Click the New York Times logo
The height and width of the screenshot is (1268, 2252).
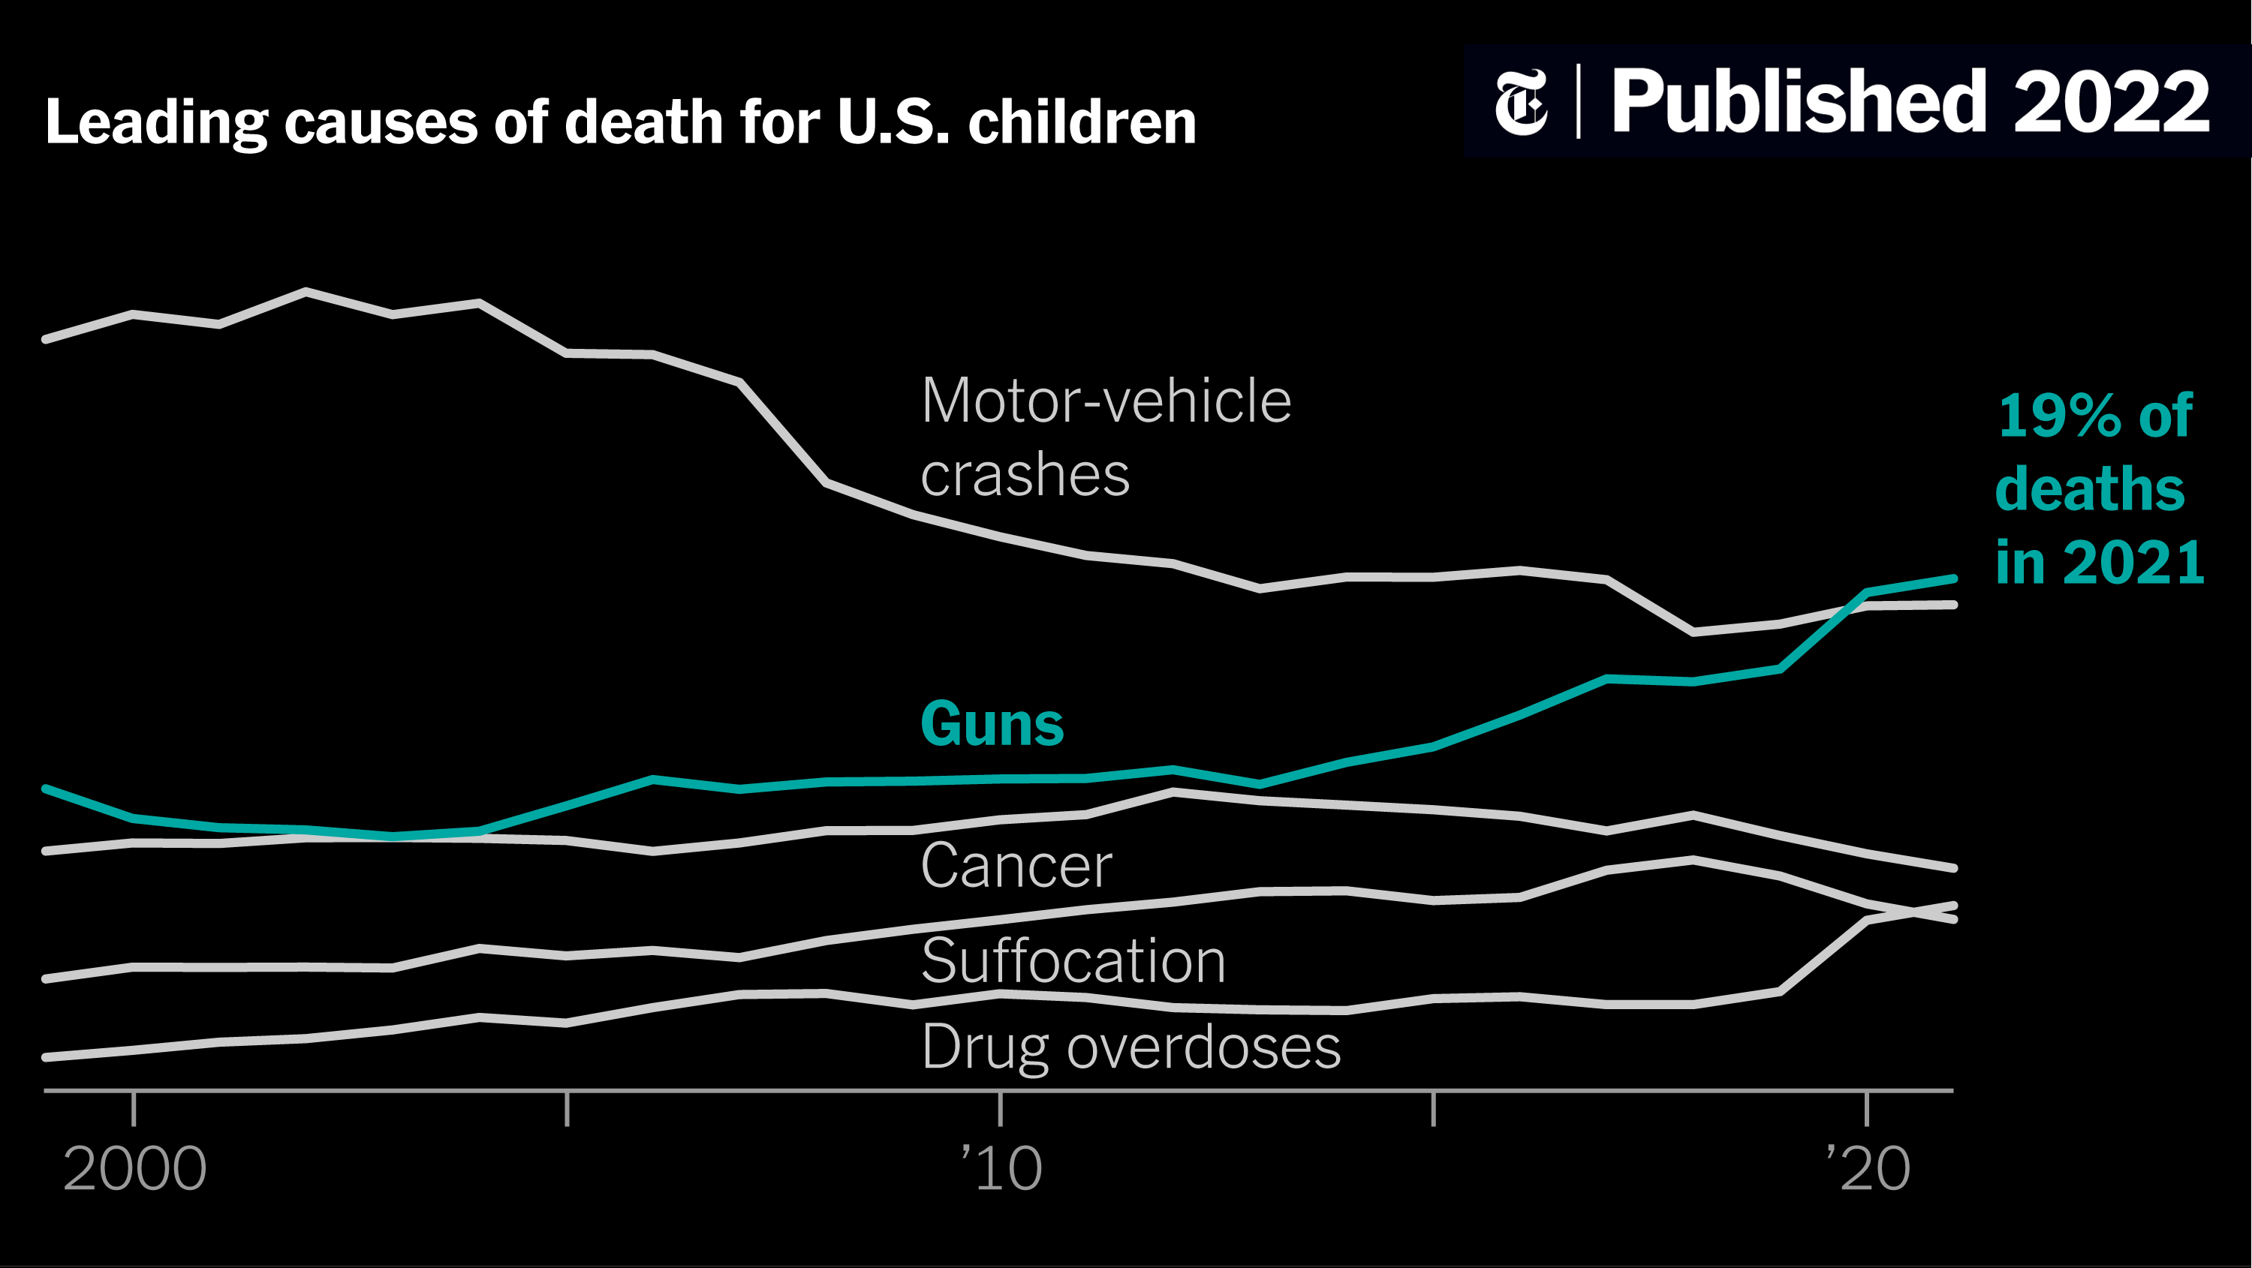(x=1521, y=102)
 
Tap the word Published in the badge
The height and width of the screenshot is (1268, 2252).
(x=1799, y=103)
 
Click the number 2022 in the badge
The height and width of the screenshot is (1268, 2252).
(x=2111, y=103)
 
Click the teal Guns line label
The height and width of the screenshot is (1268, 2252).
(x=992, y=725)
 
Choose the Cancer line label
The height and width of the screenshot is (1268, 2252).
(x=1016, y=866)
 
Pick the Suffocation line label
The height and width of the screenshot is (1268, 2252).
(x=1073, y=961)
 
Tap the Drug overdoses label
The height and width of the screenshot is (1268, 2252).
(x=1131, y=1047)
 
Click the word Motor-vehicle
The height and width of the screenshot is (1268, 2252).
(x=1106, y=401)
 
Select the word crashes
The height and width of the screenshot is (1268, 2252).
(x=1025, y=476)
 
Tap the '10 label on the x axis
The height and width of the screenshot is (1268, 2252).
(x=1002, y=1169)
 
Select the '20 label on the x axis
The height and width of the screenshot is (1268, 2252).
(x=1868, y=1169)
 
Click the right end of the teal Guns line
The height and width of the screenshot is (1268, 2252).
(x=1953, y=578)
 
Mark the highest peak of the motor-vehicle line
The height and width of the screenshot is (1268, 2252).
(x=306, y=291)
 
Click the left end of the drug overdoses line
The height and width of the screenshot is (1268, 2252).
(x=47, y=1057)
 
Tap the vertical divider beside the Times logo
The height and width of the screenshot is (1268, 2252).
(x=1579, y=101)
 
